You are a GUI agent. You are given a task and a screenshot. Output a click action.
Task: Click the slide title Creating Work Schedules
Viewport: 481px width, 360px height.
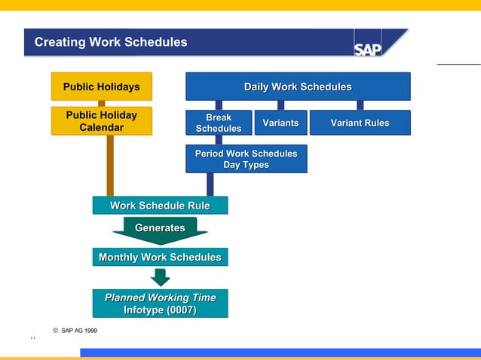pyautogui.click(x=111, y=42)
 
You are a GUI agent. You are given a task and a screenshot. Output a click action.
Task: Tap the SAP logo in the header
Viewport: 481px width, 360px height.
pyautogui.click(x=368, y=49)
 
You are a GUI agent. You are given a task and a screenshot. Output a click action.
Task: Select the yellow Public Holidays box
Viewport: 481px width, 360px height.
pyautogui.click(x=101, y=87)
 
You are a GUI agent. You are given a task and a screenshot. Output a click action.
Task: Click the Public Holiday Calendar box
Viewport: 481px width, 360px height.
pyautogui.click(x=101, y=121)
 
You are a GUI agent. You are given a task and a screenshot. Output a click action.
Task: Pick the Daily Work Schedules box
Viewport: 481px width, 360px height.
pyautogui.click(x=298, y=87)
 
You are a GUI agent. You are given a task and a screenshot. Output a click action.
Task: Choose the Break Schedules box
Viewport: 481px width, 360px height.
pyautogui.click(x=219, y=123)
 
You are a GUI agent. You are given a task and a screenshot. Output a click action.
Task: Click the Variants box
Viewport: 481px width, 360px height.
pyautogui.click(x=280, y=123)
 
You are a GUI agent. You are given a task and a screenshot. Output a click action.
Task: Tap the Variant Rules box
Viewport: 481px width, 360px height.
pyautogui.click(x=360, y=123)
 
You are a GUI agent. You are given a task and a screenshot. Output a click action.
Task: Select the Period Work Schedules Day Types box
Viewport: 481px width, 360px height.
pyautogui.click(x=246, y=159)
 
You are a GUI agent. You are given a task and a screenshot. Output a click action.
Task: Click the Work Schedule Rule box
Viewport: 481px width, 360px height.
pyautogui.click(x=160, y=206)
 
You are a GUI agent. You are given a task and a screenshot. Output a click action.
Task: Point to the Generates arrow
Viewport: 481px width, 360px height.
pyautogui.click(x=160, y=230)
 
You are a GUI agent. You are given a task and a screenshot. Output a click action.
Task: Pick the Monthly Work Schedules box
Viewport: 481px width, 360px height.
pyautogui.click(x=160, y=258)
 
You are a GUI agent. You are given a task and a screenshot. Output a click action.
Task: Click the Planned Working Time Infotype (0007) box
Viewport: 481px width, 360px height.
pyautogui.click(x=160, y=304)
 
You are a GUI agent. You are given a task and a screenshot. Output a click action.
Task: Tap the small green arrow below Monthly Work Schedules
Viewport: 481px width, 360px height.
pyautogui.click(x=160, y=277)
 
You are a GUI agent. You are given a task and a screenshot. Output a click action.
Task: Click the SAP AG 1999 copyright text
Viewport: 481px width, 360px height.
pyautogui.click(x=75, y=331)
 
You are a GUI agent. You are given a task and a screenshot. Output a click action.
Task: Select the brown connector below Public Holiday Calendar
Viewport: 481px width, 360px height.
pyautogui.click(x=110, y=166)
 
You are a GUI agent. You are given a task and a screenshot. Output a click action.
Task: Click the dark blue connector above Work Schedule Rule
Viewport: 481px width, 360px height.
pyautogui.click(x=210, y=185)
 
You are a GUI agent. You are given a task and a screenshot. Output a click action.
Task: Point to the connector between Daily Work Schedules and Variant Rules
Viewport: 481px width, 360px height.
pyautogui.click(x=360, y=105)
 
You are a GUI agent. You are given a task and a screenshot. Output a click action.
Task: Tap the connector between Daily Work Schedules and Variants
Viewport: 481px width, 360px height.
pyautogui.click(x=280, y=105)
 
